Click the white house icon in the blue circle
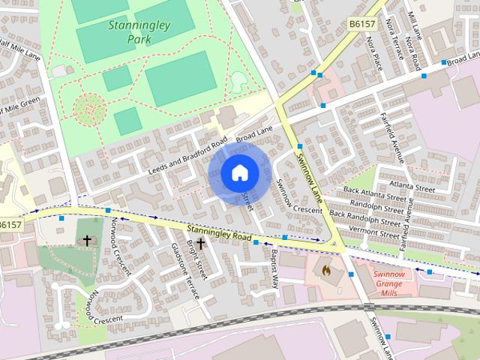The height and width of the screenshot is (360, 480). click(x=238, y=172)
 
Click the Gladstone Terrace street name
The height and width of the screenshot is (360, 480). click(x=184, y=271)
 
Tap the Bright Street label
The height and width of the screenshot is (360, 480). click(x=196, y=255)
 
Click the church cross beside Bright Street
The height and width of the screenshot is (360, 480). click(x=200, y=244)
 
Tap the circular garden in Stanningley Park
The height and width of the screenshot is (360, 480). click(x=88, y=109)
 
